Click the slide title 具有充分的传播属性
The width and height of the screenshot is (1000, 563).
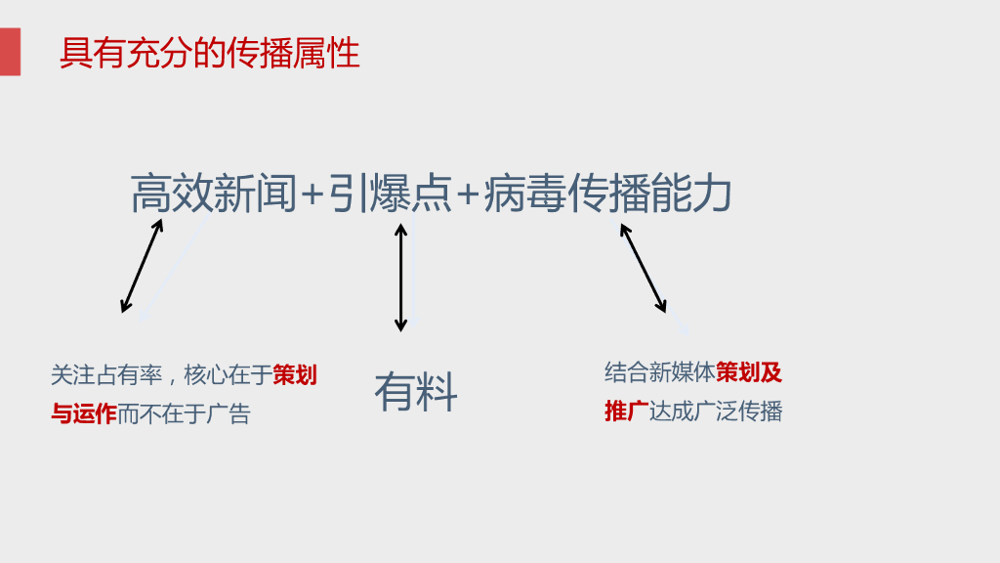209,53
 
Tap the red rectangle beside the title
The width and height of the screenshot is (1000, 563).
10,52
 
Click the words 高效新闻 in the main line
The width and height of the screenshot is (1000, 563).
213,194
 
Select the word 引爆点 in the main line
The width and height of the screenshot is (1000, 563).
389,194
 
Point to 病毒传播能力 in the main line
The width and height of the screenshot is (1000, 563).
607,194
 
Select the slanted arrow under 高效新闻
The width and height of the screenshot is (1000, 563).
142,266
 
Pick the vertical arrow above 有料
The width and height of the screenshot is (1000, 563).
400,278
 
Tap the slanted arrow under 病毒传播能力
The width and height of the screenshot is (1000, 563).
643,268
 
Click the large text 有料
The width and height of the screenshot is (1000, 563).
415,392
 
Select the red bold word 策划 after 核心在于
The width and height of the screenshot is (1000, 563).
294,375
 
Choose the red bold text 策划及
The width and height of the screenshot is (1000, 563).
749,372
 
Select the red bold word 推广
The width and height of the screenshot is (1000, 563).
626,411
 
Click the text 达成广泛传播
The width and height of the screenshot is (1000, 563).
716,411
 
